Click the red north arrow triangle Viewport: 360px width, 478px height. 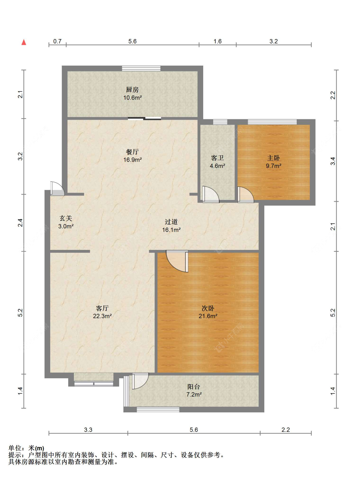[x=24, y=42]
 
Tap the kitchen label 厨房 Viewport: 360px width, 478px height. [x=132, y=90]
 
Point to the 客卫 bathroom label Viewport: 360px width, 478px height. [x=217, y=158]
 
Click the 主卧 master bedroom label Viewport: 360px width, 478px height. [x=273, y=158]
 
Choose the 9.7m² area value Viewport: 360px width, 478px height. [x=273, y=166]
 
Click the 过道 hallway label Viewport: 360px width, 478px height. [x=171, y=222]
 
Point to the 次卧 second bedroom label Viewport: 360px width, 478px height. [x=208, y=308]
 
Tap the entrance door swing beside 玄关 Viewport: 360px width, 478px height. [x=57, y=188]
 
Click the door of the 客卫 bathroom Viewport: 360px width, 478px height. [x=211, y=194]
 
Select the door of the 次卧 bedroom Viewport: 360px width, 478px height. [x=177, y=261]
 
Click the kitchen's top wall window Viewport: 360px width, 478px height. [x=141, y=68]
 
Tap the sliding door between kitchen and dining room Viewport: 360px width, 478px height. [x=144, y=118]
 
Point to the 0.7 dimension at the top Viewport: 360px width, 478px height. [x=57, y=41]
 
